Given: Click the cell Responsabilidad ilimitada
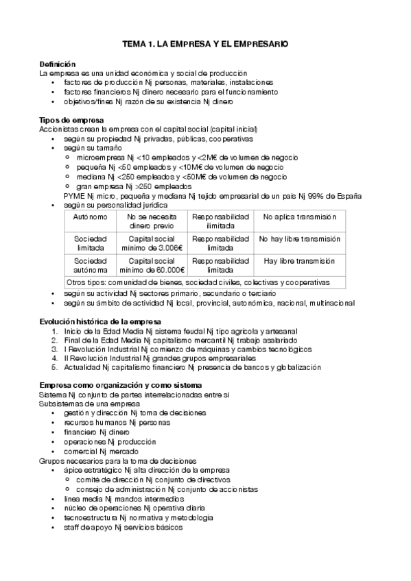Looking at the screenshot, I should click(220, 221).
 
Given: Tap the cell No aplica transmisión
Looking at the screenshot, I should click(299, 217).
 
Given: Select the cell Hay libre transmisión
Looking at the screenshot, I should click(299, 261).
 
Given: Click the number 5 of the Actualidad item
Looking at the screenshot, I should click(54, 367).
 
